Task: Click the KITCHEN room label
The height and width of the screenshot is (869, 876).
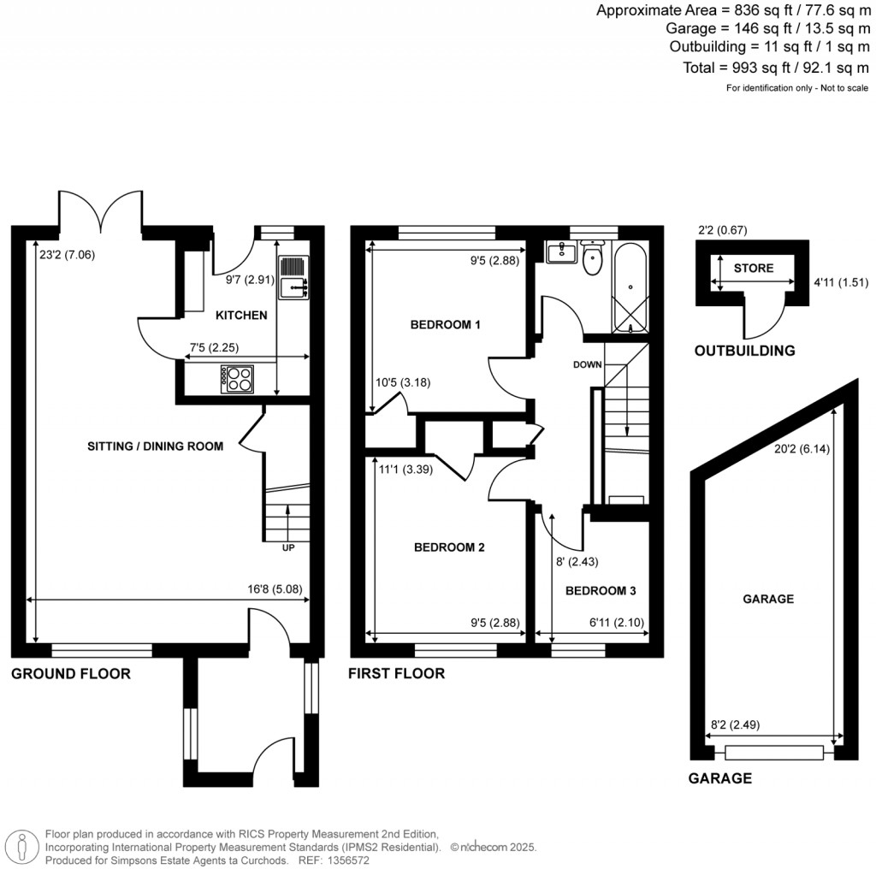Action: click(241, 316)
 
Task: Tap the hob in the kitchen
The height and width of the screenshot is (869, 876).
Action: click(236, 379)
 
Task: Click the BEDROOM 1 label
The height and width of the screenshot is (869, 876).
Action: click(445, 324)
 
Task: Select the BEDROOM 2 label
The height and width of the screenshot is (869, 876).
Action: click(449, 547)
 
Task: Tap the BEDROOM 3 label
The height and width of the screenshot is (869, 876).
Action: click(600, 591)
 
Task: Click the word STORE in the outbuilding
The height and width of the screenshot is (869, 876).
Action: click(753, 268)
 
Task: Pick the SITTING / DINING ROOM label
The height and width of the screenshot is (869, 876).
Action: click(155, 446)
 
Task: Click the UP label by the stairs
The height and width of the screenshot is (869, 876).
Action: click(288, 547)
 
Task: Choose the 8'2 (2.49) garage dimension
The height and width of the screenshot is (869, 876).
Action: click(735, 724)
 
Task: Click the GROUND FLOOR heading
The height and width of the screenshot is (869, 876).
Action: click(70, 674)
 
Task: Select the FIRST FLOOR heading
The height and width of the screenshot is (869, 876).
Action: click(396, 674)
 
